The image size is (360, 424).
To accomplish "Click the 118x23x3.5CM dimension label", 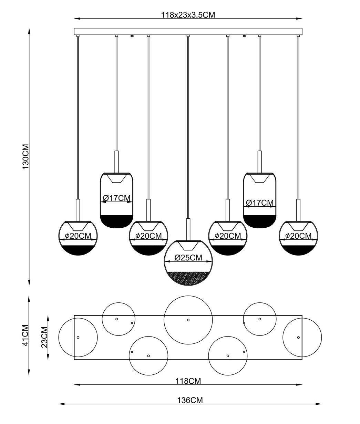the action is coord(188,15).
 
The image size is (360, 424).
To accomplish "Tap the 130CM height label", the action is coord(26,157).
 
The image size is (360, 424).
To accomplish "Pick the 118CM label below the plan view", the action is coord(188,381).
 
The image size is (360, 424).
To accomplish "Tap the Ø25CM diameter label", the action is coord(188,258).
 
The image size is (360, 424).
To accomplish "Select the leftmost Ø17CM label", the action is coord(117,198).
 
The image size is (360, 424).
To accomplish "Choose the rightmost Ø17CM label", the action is coord(260,203).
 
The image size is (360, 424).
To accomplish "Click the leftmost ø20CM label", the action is coord(78,236).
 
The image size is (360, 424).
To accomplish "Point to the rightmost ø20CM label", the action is coord(298,236).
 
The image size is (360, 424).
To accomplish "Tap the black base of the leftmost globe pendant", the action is coord(78,250).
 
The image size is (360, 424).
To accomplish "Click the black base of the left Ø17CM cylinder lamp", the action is coord(116,221).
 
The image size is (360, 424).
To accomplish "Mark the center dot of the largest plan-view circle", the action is coord(188,320).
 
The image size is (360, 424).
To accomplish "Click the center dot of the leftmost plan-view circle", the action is coord(78,338).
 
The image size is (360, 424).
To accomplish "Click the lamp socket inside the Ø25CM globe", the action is coord(188,246).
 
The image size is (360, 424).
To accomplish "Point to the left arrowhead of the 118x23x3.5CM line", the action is coord(77,19).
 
